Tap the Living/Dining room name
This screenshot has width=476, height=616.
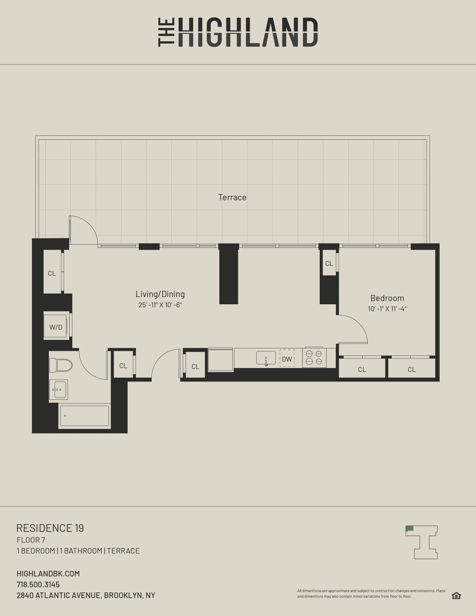click(x=160, y=294)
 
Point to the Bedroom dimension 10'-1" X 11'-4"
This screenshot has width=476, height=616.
click(x=387, y=309)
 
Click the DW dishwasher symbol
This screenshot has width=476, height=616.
click(x=287, y=359)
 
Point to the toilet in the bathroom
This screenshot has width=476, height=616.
click(x=61, y=365)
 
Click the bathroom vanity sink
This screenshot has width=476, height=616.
click(x=59, y=390)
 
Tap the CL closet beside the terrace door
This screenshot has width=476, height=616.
click(x=52, y=273)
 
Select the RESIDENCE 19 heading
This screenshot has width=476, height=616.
click(x=50, y=528)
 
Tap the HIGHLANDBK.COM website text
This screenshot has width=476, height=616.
click(x=48, y=573)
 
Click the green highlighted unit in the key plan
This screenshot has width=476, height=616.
click(x=409, y=528)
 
